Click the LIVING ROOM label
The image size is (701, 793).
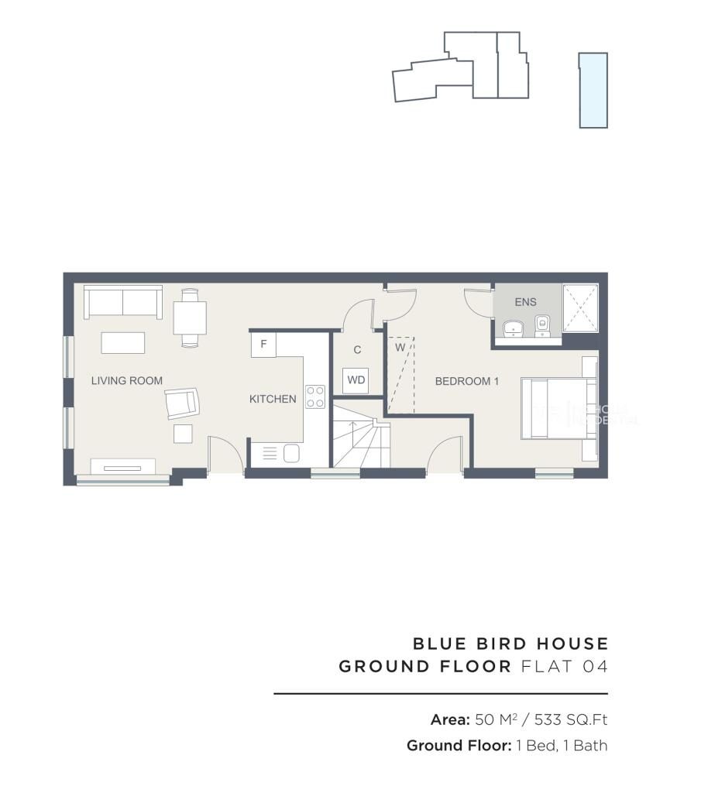(127, 380)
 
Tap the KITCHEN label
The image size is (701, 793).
(273, 399)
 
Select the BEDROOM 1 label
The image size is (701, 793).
(466, 381)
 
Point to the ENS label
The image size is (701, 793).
(525, 302)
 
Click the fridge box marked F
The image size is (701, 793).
(263, 345)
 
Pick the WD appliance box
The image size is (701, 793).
(356, 380)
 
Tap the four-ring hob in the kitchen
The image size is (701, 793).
(315, 396)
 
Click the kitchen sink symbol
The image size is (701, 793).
(291, 453)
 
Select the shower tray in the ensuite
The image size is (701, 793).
(580, 307)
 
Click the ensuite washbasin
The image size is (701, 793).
(512, 330)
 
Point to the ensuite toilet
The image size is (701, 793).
(543, 327)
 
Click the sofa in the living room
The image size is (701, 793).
(123, 303)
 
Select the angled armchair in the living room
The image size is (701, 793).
(183, 403)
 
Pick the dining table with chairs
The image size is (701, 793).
(190, 317)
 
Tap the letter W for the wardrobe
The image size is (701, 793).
(400, 347)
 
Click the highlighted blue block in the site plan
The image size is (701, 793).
(593, 90)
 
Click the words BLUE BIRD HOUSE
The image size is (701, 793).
(510, 644)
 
